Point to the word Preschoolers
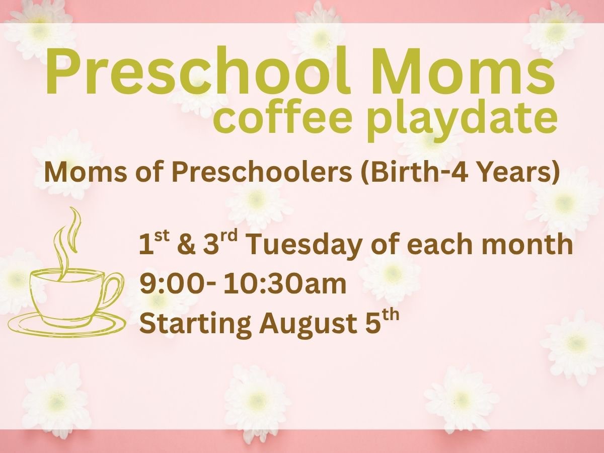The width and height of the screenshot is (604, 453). point(261,173)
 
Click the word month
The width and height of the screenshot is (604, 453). point(527,244)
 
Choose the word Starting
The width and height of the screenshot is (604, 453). point(195,324)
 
